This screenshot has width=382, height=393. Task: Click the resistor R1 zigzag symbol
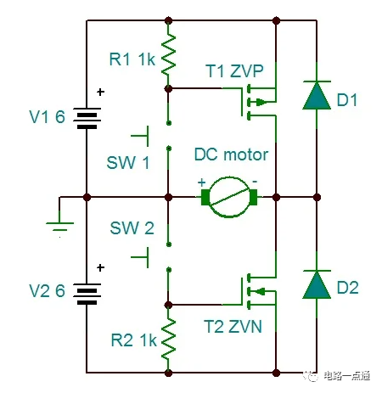(170, 54)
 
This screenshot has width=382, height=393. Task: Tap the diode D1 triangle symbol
(316, 97)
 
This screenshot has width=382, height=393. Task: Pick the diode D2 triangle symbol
(316, 283)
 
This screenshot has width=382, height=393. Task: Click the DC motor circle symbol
(230, 197)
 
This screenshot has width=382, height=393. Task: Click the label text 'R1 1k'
(132, 60)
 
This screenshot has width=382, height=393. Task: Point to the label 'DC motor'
(231, 155)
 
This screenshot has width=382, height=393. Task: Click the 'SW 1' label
(129, 163)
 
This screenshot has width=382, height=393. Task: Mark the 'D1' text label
(347, 101)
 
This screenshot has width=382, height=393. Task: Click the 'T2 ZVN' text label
(233, 326)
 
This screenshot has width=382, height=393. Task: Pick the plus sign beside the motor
(201, 181)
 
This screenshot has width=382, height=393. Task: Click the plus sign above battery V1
(101, 92)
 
